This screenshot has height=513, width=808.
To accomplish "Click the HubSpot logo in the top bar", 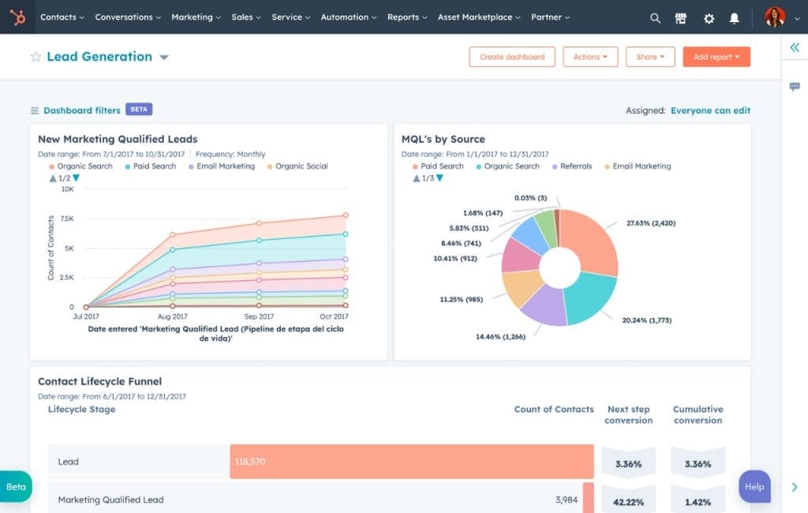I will pyautogui.click(x=17, y=17).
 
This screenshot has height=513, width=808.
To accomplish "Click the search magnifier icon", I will pyautogui.click(x=655, y=17).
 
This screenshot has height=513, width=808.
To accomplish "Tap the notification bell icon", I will pyautogui.click(x=735, y=17).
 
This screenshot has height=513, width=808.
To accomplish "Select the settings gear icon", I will pyautogui.click(x=709, y=17).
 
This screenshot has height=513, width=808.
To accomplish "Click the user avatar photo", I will pyautogui.click(x=774, y=17).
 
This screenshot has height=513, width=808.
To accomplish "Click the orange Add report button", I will pyautogui.click(x=716, y=57).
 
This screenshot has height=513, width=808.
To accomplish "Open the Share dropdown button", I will pyautogui.click(x=650, y=57).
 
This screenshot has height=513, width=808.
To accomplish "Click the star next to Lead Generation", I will pyautogui.click(x=36, y=57).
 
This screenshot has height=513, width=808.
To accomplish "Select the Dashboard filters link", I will pyautogui.click(x=81, y=110).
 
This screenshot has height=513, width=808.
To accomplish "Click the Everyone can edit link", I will pyautogui.click(x=710, y=110).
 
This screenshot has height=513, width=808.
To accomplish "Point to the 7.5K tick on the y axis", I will pyautogui.click(x=66, y=219).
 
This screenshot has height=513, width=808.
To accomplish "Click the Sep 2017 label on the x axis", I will pyautogui.click(x=259, y=316).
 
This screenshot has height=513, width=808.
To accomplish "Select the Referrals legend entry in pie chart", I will pyautogui.click(x=575, y=167).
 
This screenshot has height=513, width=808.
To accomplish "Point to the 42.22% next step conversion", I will pyautogui.click(x=628, y=500).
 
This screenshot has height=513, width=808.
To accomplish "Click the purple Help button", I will pyautogui.click(x=754, y=486).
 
